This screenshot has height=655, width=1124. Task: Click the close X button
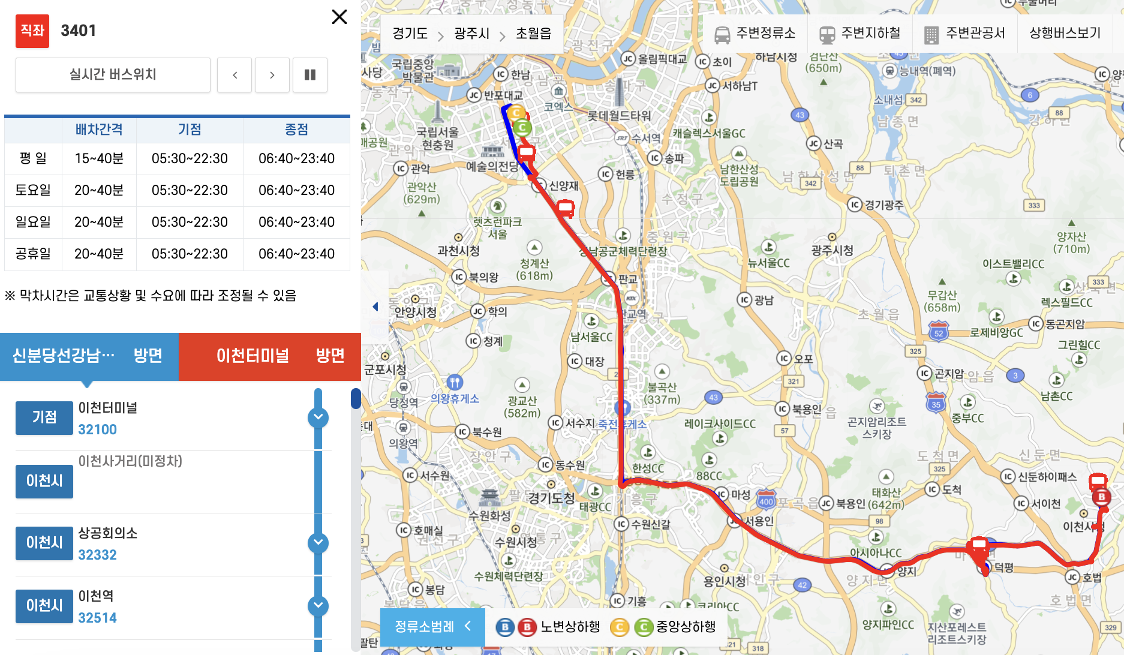coord(339,17)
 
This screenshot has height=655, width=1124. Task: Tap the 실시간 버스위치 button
coord(113,74)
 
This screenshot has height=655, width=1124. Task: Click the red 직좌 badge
coord(32,31)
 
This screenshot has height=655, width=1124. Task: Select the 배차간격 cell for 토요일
coord(99,190)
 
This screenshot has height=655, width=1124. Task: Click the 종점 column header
coord(296,130)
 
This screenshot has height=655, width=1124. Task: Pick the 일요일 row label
coord(33,222)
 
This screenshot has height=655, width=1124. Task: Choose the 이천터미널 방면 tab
coord(270,356)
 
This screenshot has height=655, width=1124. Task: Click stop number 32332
coord(97,555)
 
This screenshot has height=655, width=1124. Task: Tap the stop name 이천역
coord(96,596)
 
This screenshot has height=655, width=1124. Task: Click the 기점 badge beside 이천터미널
coord(44,417)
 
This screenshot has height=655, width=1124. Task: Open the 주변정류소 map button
coord(755,34)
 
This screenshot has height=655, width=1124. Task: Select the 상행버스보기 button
coord(1065,34)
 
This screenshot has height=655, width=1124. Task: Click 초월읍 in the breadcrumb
coord(533,34)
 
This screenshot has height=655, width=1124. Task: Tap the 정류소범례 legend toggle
coord(432,627)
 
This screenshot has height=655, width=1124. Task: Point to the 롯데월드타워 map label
coord(619,115)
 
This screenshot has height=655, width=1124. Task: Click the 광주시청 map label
coord(832,250)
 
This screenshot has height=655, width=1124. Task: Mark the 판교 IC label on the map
coord(627,279)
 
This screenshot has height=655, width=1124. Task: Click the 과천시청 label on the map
coord(458,250)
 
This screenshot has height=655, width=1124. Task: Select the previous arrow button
coord(235,75)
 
